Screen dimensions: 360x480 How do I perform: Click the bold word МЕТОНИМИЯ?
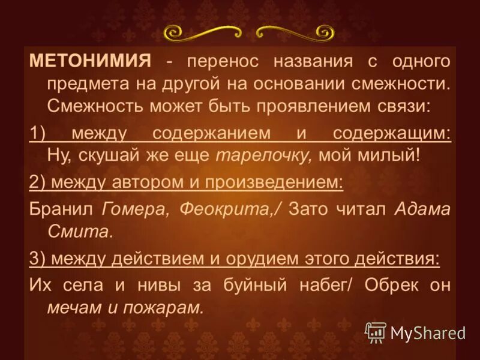click(90, 61)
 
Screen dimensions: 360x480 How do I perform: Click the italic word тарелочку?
click(264, 155)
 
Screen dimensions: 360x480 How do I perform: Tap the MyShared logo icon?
click(376, 332)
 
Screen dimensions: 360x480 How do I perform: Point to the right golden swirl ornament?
click(294, 32)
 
